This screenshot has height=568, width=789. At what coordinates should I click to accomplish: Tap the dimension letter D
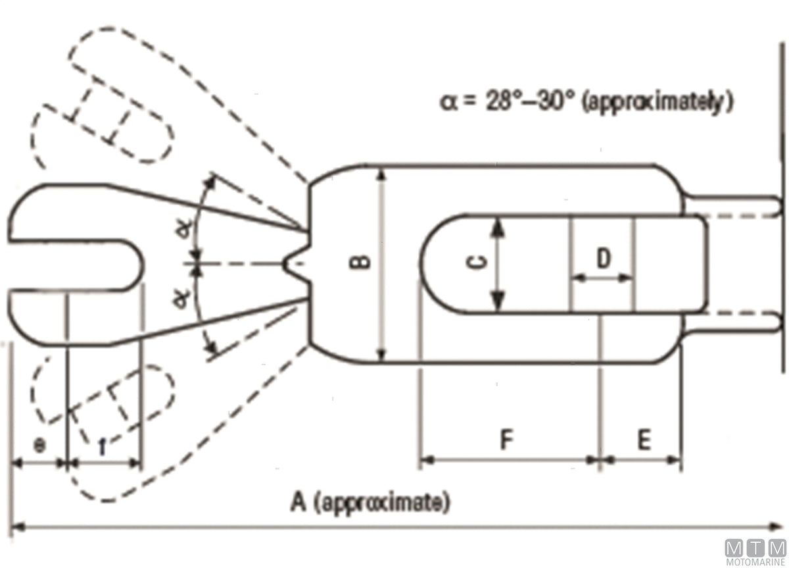pyautogui.click(x=604, y=258)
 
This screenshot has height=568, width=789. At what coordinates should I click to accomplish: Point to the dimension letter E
pyautogui.click(x=644, y=440)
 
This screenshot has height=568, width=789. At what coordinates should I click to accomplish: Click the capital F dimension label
pyautogui.click(x=506, y=439)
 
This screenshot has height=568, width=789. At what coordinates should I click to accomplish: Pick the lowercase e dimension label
pyautogui.click(x=39, y=446)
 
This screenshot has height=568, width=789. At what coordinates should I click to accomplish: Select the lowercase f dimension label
pyautogui.click(x=102, y=446)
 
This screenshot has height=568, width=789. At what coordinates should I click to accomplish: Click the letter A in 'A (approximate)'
pyautogui.click(x=299, y=502)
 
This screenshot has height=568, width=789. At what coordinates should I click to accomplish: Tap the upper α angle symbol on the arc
pyautogui.click(x=185, y=229)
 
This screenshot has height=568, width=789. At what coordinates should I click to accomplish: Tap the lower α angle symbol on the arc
pyautogui.click(x=181, y=299)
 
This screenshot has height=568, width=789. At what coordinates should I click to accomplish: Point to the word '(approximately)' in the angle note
pyautogui.click(x=657, y=103)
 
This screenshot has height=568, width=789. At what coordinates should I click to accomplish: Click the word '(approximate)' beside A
pyautogui.click(x=383, y=503)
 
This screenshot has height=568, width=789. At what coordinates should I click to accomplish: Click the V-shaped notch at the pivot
pyautogui.click(x=297, y=263)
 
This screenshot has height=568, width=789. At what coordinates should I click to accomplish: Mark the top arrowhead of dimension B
pyautogui.click(x=381, y=175)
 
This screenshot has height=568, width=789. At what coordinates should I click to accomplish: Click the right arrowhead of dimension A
pyautogui.click(x=775, y=527)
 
